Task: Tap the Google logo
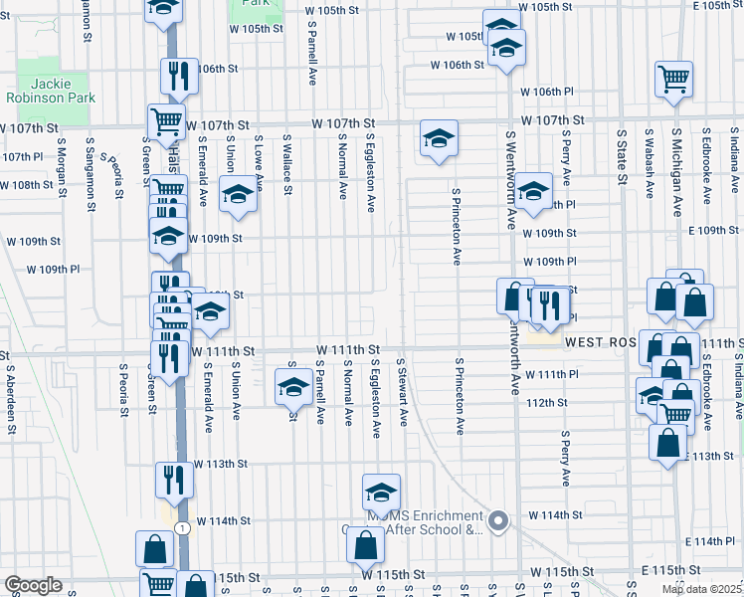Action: point(33,586)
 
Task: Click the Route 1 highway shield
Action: point(181,527)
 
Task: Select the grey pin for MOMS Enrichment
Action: point(499,520)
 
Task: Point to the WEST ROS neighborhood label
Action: point(599,341)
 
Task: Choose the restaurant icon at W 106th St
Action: point(179,76)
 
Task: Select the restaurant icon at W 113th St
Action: point(174,480)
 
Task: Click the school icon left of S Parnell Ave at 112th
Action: point(293,387)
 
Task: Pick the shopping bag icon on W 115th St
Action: point(366,545)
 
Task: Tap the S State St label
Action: point(621,157)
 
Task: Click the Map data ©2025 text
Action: point(700,589)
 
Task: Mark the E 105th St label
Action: point(718,6)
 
